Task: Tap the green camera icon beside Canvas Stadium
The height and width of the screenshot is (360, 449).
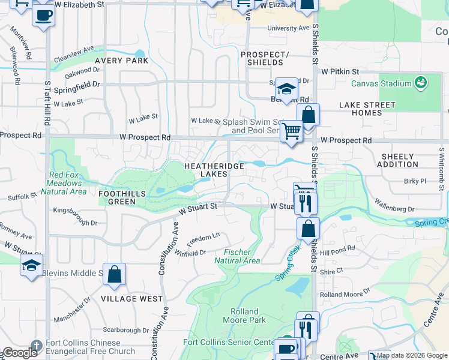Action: point(420,82)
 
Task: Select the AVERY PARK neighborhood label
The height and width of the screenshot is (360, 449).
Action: point(121,61)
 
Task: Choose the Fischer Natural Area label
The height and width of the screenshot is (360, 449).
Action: point(237,256)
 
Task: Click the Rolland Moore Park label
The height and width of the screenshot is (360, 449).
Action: point(244,316)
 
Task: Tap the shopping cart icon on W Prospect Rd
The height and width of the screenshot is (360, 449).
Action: point(291,130)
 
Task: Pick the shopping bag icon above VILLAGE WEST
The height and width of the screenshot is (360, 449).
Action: point(114,274)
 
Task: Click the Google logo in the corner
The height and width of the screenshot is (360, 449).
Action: point(20,353)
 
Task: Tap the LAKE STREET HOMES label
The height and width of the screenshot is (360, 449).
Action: point(367,109)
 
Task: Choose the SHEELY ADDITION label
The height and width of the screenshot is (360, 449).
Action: point(399,160)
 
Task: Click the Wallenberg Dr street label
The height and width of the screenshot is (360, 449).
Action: point(394,205)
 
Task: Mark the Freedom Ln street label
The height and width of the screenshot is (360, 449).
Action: point(203,238)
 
